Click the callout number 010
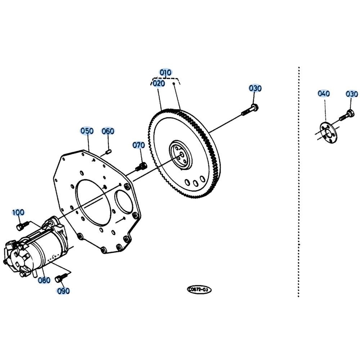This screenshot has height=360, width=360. pyautogui.click(x=166, y=73)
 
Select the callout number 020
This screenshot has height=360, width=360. pyautogui.click(x=159, y=84)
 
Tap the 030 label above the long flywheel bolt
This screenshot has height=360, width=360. pyautogui.click(x=255, y=89)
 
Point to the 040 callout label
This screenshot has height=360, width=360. pyautogui.click(x=324, y=94)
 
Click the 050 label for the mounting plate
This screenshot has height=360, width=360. pyautogui.click(x=87, y=131)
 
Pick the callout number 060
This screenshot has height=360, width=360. pyautogui.click(x=108, y=131)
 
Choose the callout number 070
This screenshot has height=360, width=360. pyautogui.click(x=139, y=145)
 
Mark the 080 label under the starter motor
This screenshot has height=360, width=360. pyautogui.click(x=44, y=280)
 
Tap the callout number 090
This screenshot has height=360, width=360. pyautogui.click(x=63, y=291)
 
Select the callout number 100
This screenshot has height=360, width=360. pyautogui.click(x=18, y=212)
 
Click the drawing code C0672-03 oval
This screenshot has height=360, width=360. pyautogui.click(x=199, y=290)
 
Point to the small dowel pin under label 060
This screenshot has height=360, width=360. pyautogui.click(x=108, y=152)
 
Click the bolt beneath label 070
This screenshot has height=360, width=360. pyautogui.click(x=141, y=167)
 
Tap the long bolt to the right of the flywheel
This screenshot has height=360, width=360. pyautogui.click(x=250, y=110)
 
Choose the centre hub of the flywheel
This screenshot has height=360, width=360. pyautogui.click(x=181, y=155)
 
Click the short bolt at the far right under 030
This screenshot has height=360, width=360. pyautogui.click(x=347, y=116)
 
